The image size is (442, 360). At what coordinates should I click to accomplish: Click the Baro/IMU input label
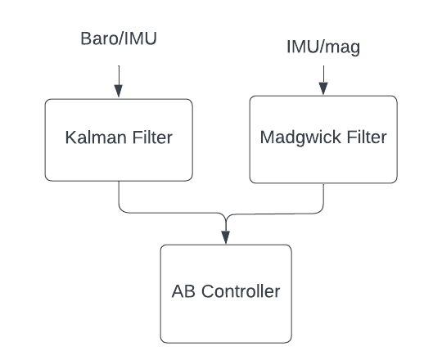tap(119, 38)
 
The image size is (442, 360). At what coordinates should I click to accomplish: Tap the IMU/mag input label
tap(323, 47)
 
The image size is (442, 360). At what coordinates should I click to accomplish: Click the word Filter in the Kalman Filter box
tap(152, 137)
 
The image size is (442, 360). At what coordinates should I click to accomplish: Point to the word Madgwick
tap(300, 137)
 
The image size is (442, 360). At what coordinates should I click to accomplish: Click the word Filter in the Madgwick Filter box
tap(367, 137)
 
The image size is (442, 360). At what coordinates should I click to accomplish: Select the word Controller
tap(241, 291)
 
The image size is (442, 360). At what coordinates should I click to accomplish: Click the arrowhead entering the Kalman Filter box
tap(119, 92)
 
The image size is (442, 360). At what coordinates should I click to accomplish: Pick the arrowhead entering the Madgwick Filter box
tap(323, 88)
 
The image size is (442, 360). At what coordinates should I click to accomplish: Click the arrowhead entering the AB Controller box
tap(226, 237)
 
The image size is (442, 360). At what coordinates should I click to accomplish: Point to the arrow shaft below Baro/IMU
tap(119, 75)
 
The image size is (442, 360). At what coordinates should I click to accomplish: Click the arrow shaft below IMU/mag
tap(323, 74)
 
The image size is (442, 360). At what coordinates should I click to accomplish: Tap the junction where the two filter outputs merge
tap(226, 219)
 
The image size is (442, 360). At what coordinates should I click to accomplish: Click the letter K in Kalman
tap(70, 137)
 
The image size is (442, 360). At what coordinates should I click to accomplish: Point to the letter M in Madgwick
tap(267, 137)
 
